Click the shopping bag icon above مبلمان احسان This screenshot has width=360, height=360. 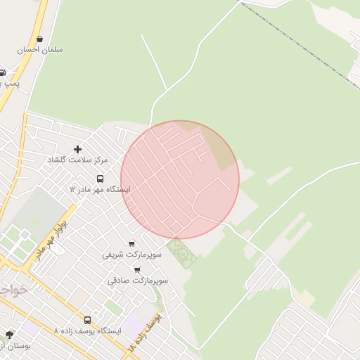coord(39,39)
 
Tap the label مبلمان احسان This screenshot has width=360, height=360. coord(40,50)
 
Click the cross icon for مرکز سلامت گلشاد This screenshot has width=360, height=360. coord(77,149)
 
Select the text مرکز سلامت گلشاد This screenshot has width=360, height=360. coord(75,160)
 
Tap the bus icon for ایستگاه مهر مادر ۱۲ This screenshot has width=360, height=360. coord(100,179)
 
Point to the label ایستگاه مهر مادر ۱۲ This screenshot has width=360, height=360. coord(99,190)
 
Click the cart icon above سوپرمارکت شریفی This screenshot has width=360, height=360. coord(131,244)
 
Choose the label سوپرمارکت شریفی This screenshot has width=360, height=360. coord(131,255)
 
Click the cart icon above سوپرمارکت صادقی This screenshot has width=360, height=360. coord(137,270)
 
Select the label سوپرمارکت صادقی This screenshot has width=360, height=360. coord(137,281)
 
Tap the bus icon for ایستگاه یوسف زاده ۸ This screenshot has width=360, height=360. coord(87,320)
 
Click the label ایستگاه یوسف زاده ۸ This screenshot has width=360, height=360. coord(87,330)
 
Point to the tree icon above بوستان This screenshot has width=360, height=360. coord(9,335)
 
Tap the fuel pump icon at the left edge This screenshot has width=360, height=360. coord(2,72)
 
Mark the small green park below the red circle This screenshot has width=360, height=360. coord(181,253)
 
